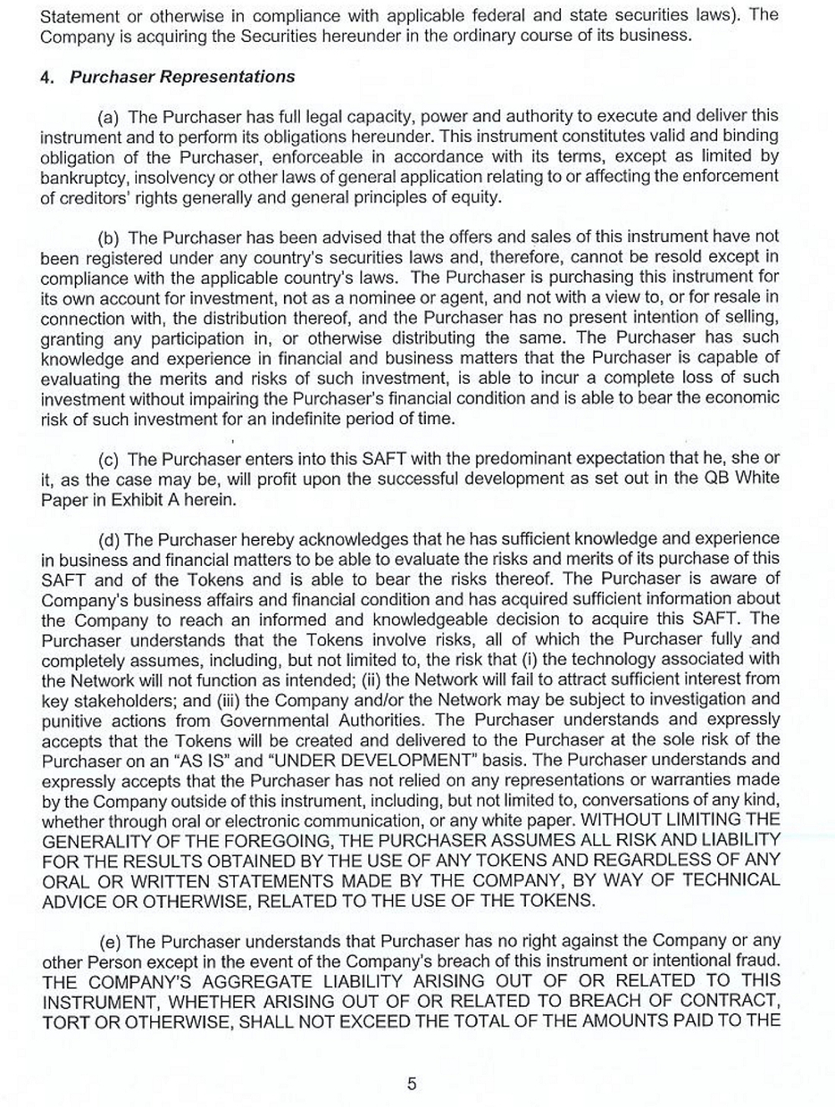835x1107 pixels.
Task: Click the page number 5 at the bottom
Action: coord(412,1084)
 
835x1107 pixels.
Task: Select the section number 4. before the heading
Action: coord(47,77)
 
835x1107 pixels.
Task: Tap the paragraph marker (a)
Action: coord(109,116)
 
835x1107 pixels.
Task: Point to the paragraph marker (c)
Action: coord(109,459)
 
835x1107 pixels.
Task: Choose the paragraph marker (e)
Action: coord(110,942)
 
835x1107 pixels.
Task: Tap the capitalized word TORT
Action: coord(64,1022)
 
